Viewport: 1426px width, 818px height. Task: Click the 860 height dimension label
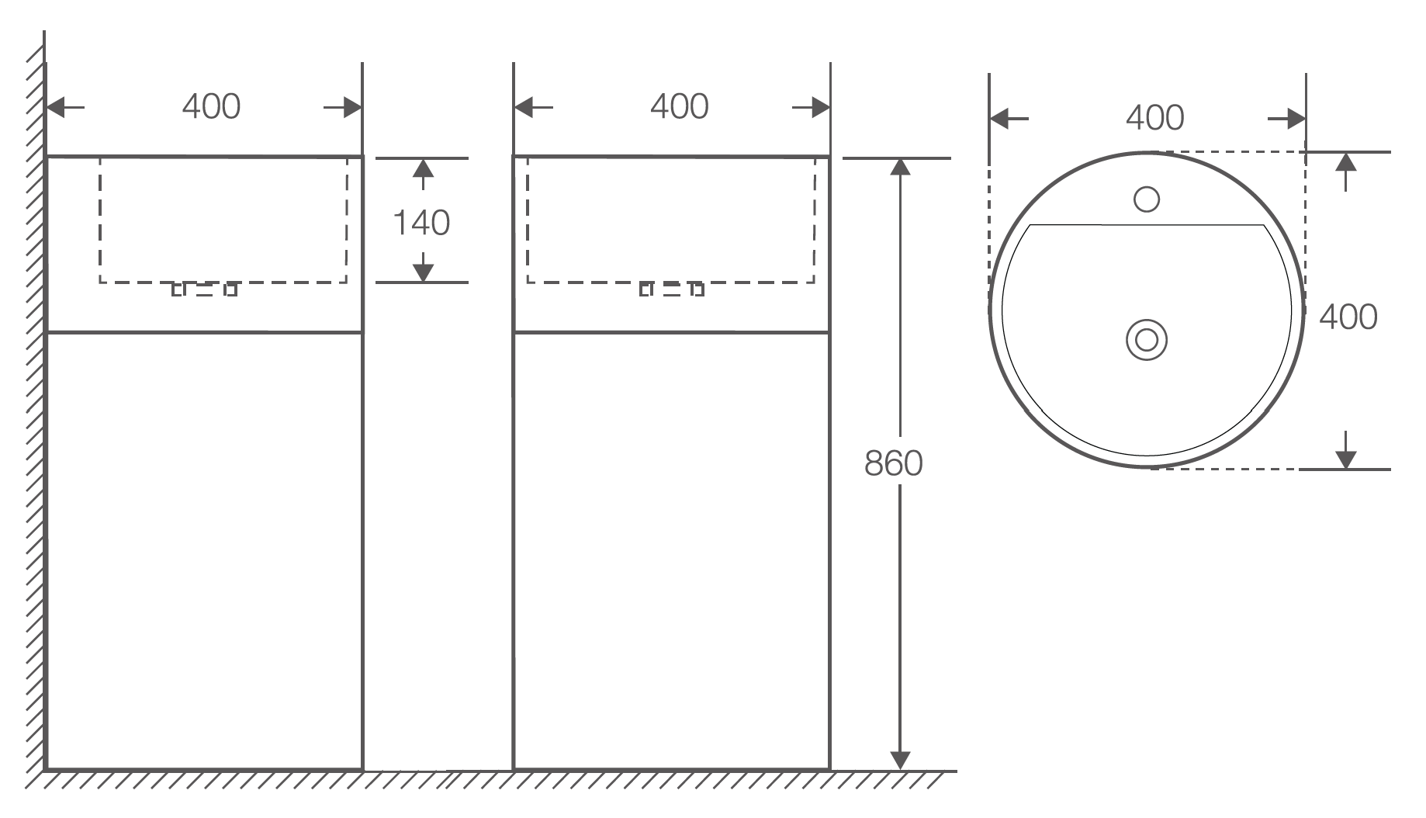(x=893, y=463)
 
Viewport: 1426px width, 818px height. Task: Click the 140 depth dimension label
(x=421, y=224)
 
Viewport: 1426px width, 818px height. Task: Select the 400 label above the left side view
(x=211, y=106)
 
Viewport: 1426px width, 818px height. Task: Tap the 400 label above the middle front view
(x=679, y=106)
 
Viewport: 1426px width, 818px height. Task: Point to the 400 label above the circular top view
(x=1154, y=118)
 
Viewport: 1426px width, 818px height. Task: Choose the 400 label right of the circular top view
(x=1348, y=317)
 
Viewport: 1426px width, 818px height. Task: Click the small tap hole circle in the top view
(x=1147, y=199)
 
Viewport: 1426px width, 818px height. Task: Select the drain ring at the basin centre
(x=1147, y=339)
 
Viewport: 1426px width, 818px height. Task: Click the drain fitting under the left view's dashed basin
(x=204, y=290)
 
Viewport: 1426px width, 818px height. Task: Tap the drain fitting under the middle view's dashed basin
(x=672, y=290)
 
